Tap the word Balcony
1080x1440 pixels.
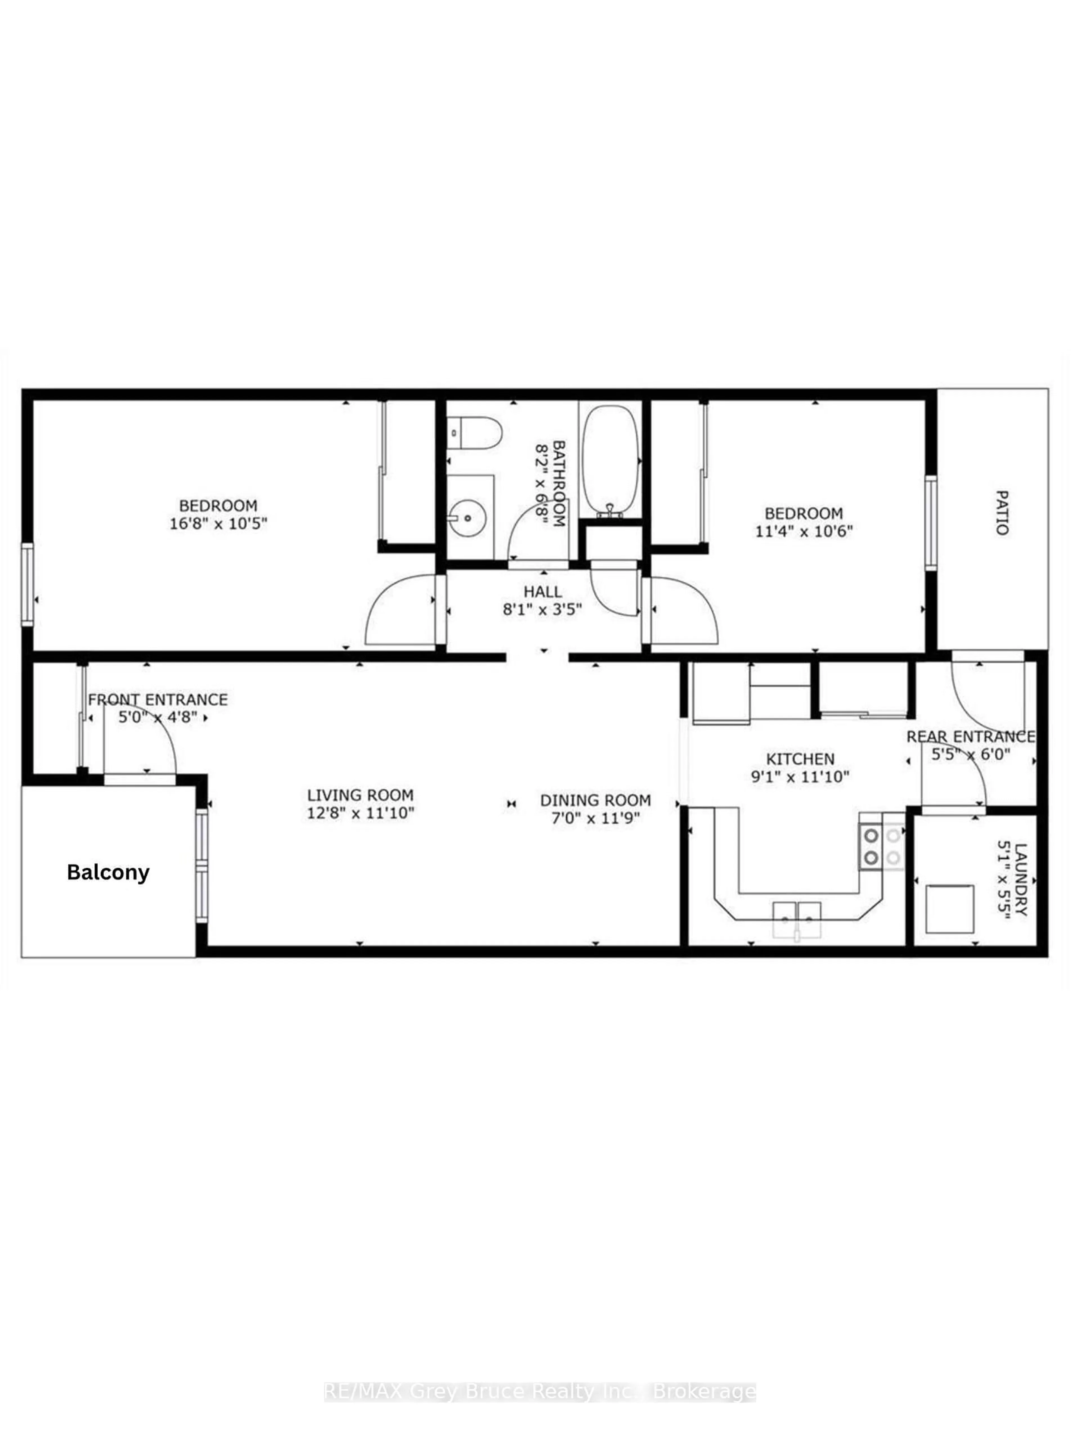pos(108,872)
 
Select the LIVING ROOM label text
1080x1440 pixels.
pos(360,795)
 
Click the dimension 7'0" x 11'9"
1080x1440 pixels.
pos(595,818)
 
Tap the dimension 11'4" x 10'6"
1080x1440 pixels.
pos(803,530)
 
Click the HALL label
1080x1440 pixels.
pos(542,592)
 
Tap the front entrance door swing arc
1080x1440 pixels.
pos(143,736)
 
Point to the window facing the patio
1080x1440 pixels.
pos(931,523)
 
